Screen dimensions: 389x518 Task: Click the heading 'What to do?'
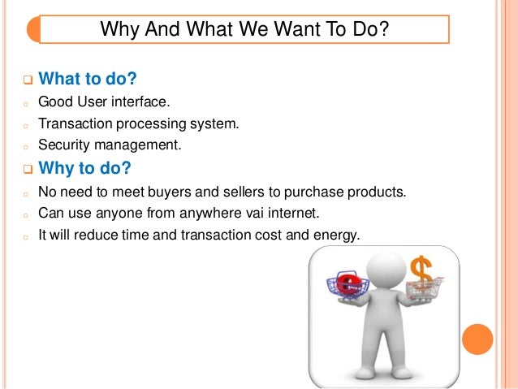pyautogui.click(x=87, y=80)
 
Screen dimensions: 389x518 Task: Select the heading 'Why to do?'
pyautogui.click(x=84, y=170)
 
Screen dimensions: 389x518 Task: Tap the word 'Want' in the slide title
pyautogui.click(x=271, y=30)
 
